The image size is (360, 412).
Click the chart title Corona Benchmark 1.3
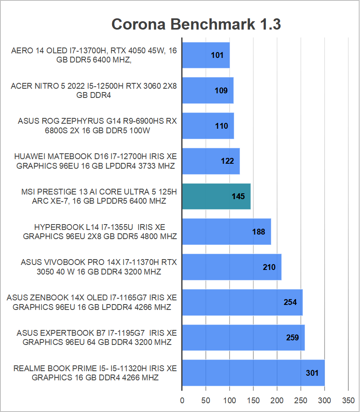click(x=196, y=25)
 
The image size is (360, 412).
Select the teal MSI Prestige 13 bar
click(x=216, y=196)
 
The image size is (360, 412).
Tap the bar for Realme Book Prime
click(x=253, y=372)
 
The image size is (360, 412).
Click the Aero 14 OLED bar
click(x=206, y=55)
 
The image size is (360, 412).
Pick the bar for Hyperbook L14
click(x=226, y=232)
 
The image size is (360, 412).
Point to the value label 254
click(x=290, y=302)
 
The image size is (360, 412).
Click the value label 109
click(x=221, y=90)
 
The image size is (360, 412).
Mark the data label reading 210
click(x=269, y=267)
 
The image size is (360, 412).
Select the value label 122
click(x=227, y=161)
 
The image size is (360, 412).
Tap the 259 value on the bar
click(x=292, y=337)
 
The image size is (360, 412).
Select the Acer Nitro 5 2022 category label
click(x=94, y=91)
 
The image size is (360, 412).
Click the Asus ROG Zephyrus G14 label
click(x=97, y=126)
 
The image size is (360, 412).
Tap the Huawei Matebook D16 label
click(x=95, y=161)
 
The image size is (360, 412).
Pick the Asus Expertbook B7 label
click(x=97, y=337)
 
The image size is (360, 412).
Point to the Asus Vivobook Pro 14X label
click(x=99, y=267)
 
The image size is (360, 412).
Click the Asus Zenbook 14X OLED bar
click(x=242, y=302)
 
